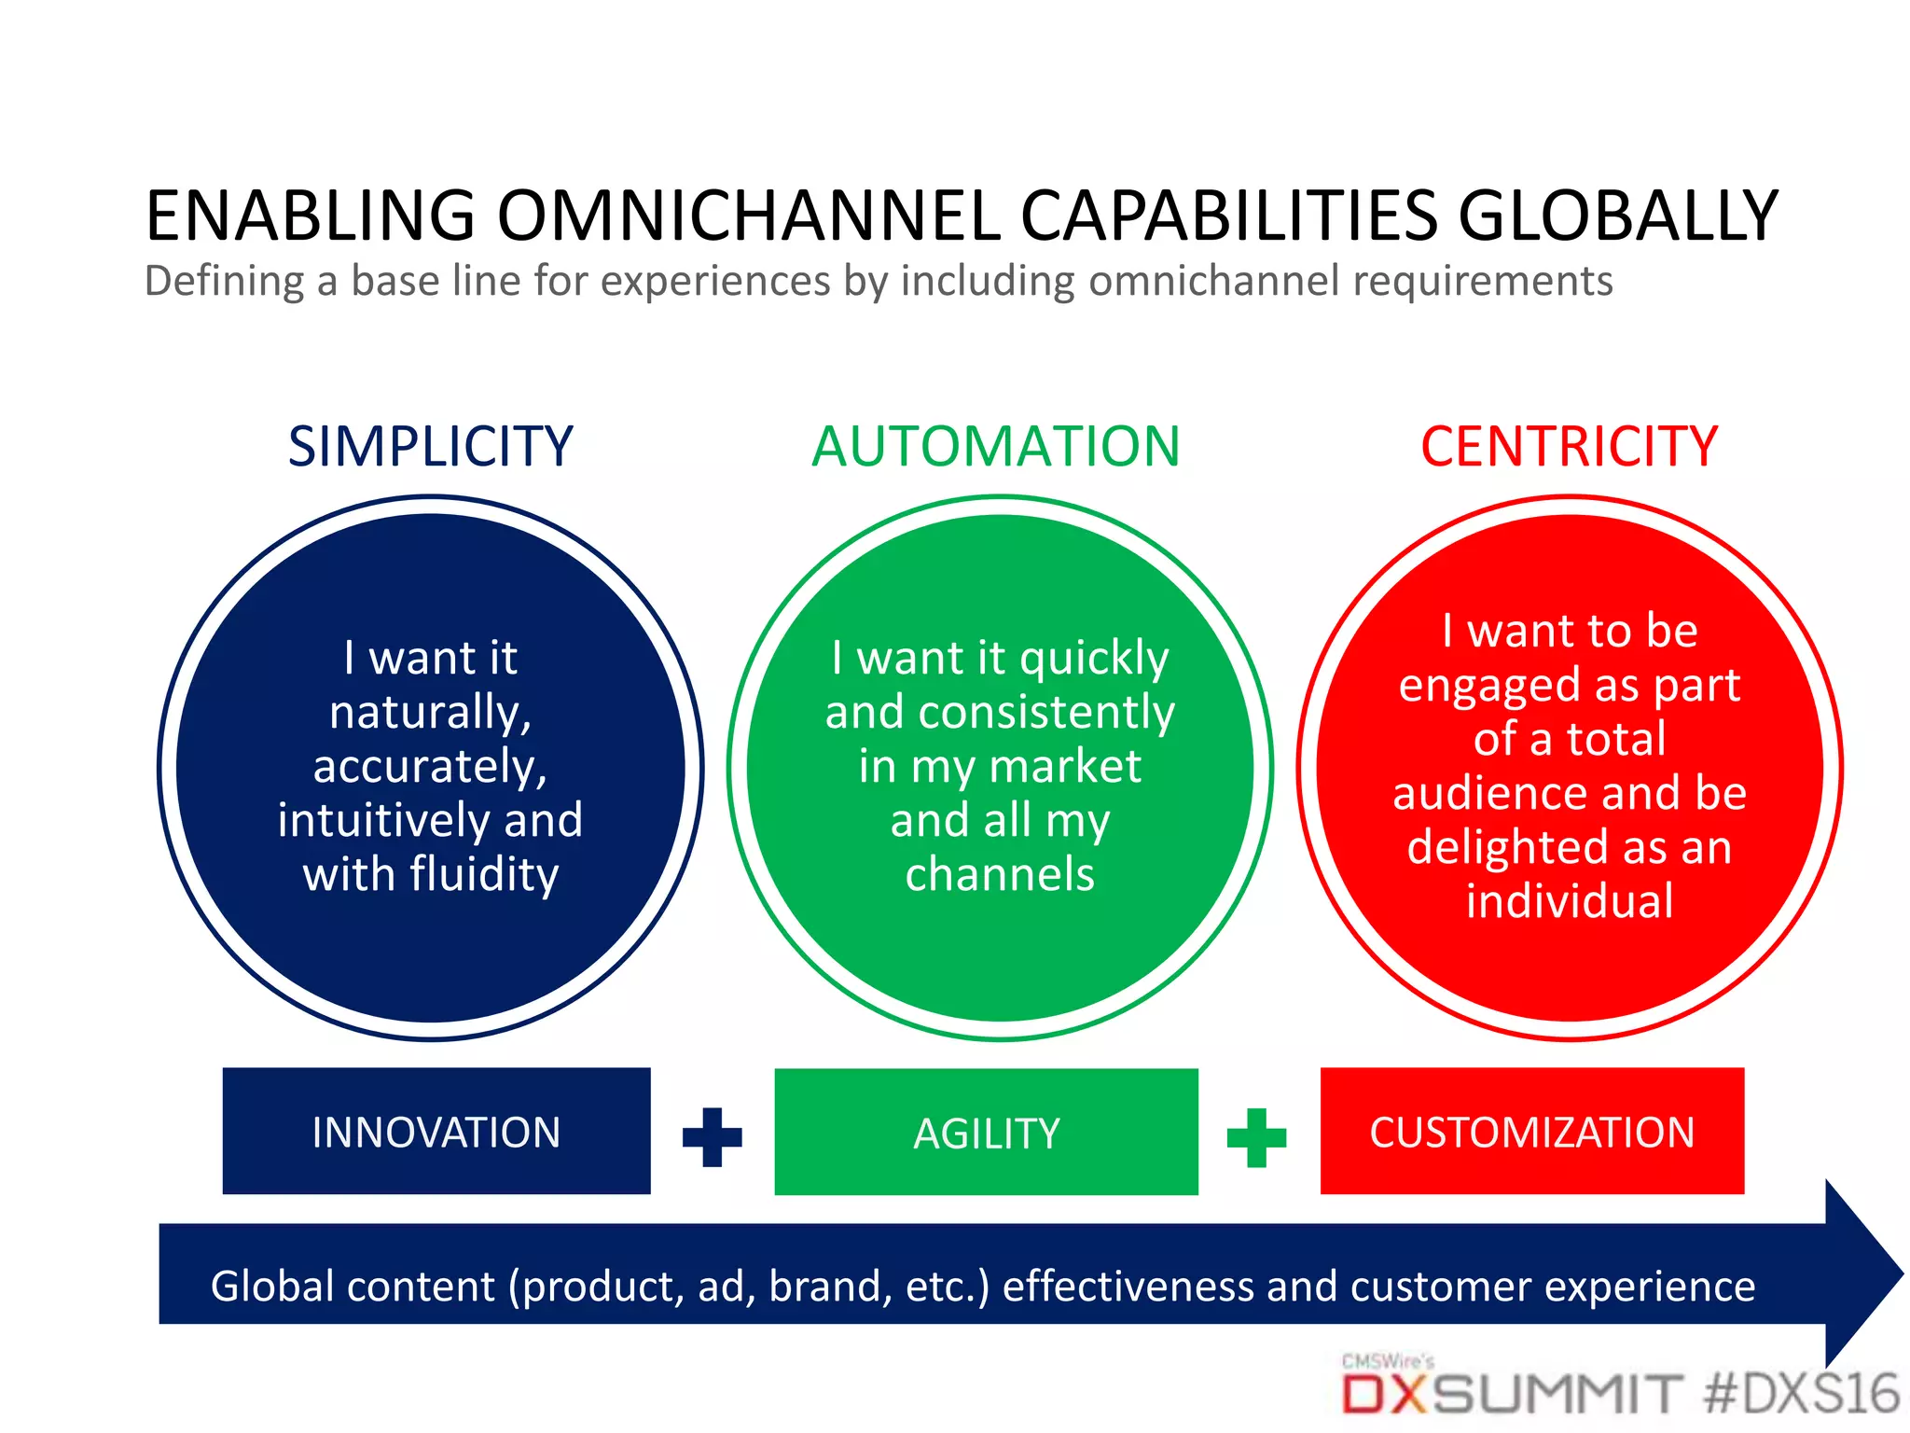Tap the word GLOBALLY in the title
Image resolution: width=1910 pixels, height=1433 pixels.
coord(1618,216)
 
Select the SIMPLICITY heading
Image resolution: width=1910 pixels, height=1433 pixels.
coord(430,447)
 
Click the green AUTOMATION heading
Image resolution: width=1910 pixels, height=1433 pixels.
coord(996,447)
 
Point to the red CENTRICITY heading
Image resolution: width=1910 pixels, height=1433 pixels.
coord(1569,447)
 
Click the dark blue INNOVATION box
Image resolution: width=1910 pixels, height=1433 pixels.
coord(436,1132)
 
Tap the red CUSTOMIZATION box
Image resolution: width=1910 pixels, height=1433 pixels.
coord(1531,1132)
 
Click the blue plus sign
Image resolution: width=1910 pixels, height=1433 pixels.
coord(713,1137)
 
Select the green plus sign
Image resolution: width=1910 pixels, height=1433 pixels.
coord(1256,1137)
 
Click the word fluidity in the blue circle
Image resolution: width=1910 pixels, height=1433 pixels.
coord(483,875)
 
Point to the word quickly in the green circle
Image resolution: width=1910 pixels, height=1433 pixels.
coord(1094,660)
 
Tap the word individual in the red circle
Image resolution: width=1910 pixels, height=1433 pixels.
coord(1570,902)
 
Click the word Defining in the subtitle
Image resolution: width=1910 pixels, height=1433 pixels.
coord(225,282)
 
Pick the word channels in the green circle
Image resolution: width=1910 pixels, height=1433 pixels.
coord(1000,875)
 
